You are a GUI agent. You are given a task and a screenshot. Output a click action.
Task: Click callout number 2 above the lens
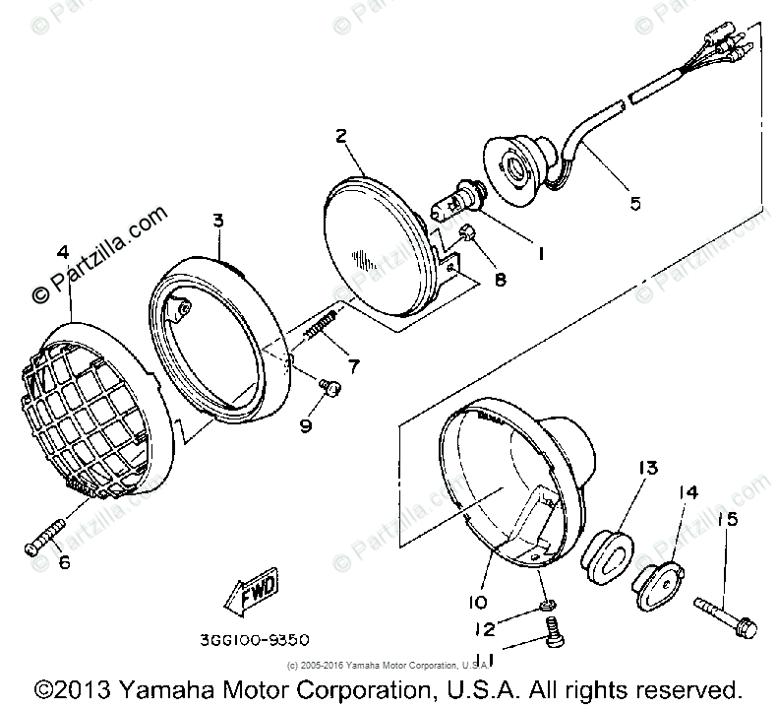341,136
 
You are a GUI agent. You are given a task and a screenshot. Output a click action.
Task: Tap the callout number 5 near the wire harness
634,203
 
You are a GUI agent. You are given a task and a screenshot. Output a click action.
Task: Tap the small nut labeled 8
469,232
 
